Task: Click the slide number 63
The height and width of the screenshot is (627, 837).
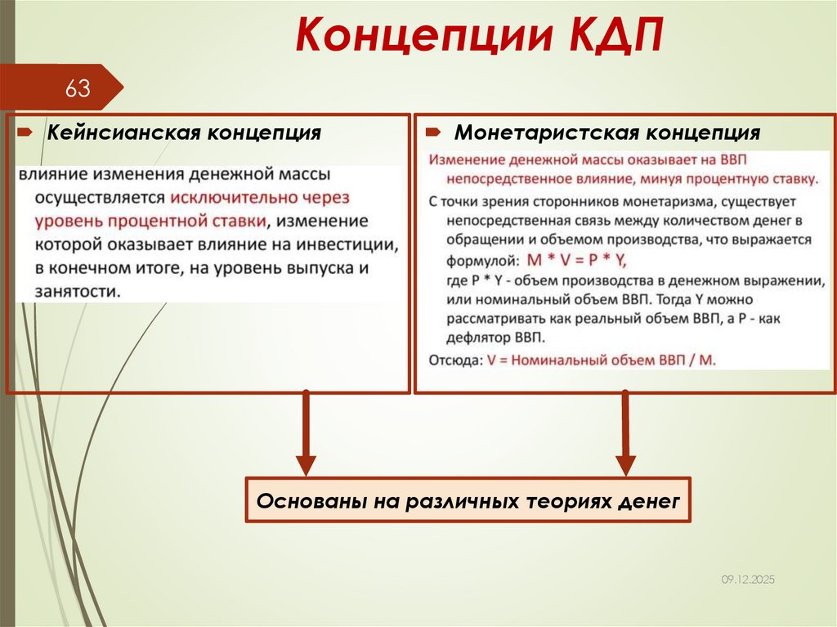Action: [78, 89]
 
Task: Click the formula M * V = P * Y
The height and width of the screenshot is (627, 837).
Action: [575, 260]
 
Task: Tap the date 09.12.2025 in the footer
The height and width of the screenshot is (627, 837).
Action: [747, 579]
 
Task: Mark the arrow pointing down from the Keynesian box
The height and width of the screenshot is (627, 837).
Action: [306, 433]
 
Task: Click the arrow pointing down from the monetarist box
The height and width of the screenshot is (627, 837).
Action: [625, 433]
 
